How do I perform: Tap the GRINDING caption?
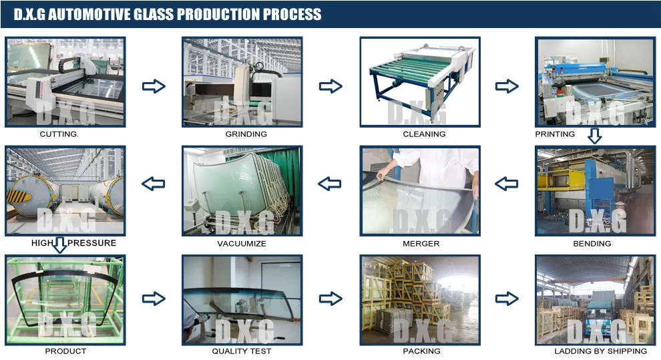click(246, 134)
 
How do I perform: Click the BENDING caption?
click(592, 244)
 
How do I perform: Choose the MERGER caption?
click(421, 244)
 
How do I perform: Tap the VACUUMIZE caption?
click(241, 244)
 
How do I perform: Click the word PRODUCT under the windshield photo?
click(65, 351)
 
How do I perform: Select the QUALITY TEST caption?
click(241, 351)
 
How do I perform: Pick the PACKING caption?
click(421, 351)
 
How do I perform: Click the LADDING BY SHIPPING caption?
click(600, 351)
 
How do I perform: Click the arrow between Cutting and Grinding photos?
click(154, 86)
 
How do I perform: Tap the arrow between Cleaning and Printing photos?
click(507, 86)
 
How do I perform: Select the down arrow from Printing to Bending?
click(594, 137)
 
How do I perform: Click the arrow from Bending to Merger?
click(507, 183)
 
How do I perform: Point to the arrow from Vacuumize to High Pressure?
click(154, 183)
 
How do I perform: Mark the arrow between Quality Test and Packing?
click(330, 299)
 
